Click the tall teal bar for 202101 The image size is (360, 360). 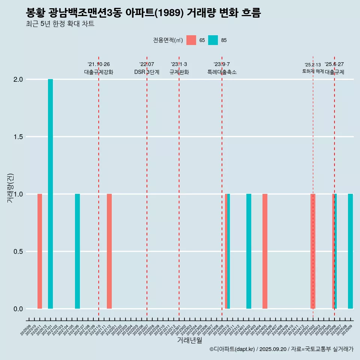(50, 194)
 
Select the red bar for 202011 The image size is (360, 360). (40, 251)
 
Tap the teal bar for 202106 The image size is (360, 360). (77, 251)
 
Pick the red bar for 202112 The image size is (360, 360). (109, 251)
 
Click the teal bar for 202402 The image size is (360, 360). (249, 251)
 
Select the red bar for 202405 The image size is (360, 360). (265, 251)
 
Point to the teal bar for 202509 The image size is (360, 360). (350, 251)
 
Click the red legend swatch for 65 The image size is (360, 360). (191, 40)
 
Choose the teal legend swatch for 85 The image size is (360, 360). (213, 40)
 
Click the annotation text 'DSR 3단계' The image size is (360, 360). (147, 72)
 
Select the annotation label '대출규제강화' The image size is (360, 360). (99, 72)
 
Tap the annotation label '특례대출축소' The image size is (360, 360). (222, 72)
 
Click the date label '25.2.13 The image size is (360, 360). (313, 65)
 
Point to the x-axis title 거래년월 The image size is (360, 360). (189, 340)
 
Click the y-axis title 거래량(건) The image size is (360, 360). (10, 187)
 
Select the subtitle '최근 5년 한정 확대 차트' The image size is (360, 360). (60, 24)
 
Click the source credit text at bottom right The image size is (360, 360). (281, 349)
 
